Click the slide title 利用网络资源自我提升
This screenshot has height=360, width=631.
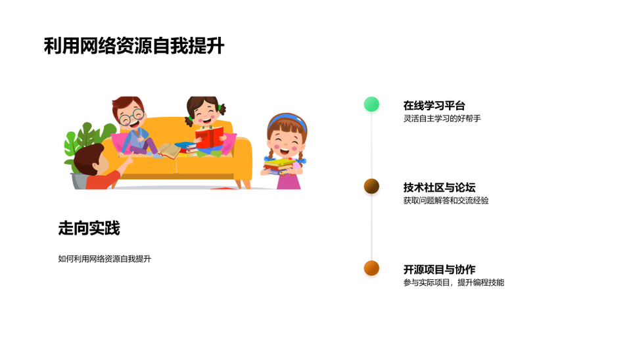coord(134,45)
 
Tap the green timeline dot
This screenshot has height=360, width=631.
coord(371,104)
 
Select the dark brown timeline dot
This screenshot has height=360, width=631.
coord(371,186)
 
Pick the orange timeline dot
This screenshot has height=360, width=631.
coord(371,268)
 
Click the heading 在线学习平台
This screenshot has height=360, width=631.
coord(434,105)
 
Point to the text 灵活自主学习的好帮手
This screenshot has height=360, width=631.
coord(442,118)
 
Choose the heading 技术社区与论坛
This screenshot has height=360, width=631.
coord(440,187)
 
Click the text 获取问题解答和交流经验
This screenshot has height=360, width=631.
coord(446,200)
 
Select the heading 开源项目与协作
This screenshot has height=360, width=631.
coord(440,269)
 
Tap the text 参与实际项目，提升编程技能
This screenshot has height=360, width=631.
coord(454,282)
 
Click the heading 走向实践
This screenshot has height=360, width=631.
coord(89,228)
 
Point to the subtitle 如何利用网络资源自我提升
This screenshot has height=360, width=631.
coord(105,259)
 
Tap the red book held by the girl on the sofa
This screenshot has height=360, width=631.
coord(209,137)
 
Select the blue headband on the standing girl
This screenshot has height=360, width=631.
coord(287,122)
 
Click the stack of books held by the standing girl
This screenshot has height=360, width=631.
coord(279,166)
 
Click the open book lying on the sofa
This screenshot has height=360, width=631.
coord(169,150)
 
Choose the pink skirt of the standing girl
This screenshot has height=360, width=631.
coord(289,181)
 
